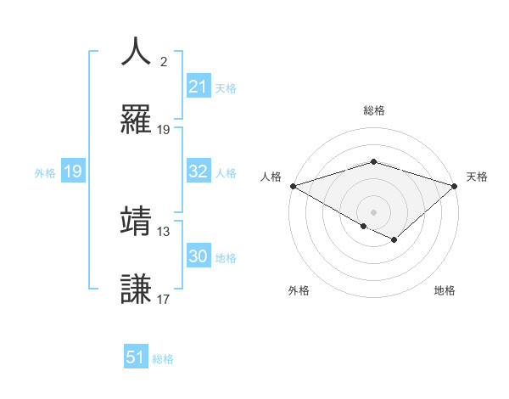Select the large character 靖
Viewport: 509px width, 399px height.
(137, 220)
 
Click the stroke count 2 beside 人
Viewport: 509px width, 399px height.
(164, 62)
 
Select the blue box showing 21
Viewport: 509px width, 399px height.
(198, 87)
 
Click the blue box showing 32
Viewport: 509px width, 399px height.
(198, 171)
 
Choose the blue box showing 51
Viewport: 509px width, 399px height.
(136, 357)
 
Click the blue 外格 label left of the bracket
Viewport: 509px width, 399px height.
(45, 172)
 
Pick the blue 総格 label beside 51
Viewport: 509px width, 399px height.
(163, 358)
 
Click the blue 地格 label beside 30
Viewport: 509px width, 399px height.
(226, 258)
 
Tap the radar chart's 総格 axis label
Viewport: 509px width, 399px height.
(373, 110)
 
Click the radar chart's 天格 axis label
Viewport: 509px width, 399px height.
(477, 177)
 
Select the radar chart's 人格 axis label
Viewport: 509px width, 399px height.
(270, 177)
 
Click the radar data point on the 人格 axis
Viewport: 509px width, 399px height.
(292, 185)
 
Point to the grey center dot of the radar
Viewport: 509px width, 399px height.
(373, 211)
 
